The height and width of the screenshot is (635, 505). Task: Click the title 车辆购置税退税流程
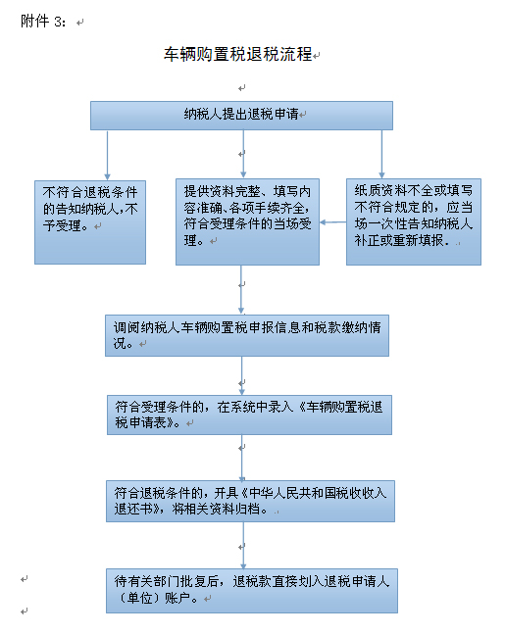pos(237,54)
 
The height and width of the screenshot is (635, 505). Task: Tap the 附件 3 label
pos(43,21)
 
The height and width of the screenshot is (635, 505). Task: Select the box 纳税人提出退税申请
pos(241,116)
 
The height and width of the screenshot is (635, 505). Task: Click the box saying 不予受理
pos(90,222)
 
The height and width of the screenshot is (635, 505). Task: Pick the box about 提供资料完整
pos(247,221)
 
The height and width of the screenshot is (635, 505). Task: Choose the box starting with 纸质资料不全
pos(414,221)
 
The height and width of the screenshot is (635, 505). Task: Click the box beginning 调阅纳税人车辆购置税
pos(247,335)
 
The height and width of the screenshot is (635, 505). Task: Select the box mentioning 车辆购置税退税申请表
pos(249,415)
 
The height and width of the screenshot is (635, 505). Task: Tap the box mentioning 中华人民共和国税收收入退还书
pos(250,501)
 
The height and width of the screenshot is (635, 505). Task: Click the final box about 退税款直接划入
pos(252,591)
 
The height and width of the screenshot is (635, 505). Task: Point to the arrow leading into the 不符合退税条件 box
pos(108,155)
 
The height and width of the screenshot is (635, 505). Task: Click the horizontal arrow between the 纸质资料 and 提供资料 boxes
pos(332,222)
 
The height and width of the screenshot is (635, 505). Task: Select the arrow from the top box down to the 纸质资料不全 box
pos(381,154)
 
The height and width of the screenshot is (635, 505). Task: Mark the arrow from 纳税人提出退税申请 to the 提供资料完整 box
pos(243,154)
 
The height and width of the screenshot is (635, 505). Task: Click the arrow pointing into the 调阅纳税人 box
pos(241,290)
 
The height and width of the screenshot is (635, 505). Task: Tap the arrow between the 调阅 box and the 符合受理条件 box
pos(242,376)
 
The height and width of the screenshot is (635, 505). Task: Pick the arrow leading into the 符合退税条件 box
pos(242,458)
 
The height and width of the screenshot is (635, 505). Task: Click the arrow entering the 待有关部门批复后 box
pos(243,545)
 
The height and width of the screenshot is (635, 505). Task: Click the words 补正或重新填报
pos(399,240)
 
